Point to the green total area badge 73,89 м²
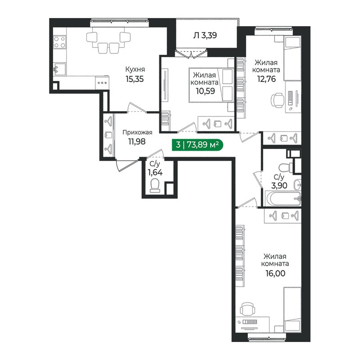(x=197, y=144)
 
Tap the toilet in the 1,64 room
(x=154, y=185)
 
